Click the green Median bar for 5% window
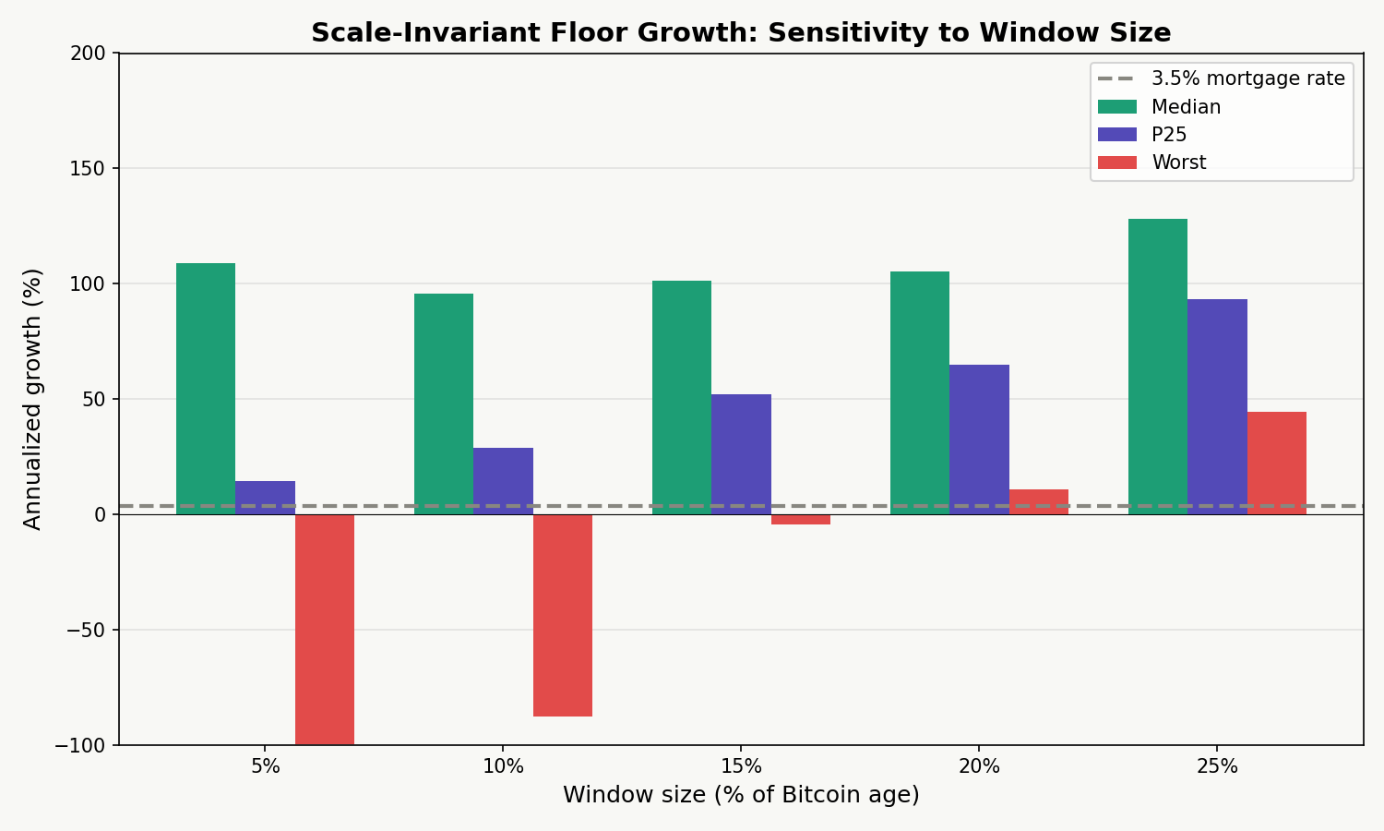click(206, 389)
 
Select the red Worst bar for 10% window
click(563, 615)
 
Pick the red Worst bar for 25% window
click(1276, 463)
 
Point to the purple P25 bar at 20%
click(979, 440)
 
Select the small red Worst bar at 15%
click(801, 519)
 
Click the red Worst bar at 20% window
click(1038, 501)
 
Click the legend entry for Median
click(1186, 107)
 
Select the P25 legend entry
click(1169, 135)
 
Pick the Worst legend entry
click(1178, 163)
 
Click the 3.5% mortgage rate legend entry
click(1247, 78)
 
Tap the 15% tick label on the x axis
click(741, 766)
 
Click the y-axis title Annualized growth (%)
click(33, 399)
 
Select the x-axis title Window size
click(741, 795)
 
